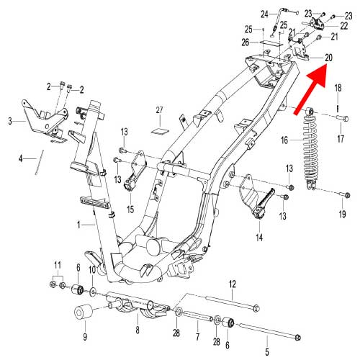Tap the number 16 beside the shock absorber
[285, 140]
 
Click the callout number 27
[161, 110]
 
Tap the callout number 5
[267, 351]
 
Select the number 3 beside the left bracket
[11, 122]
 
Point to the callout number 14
[258, 235]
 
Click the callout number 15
[130, 210]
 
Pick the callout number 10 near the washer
[92, 269]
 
